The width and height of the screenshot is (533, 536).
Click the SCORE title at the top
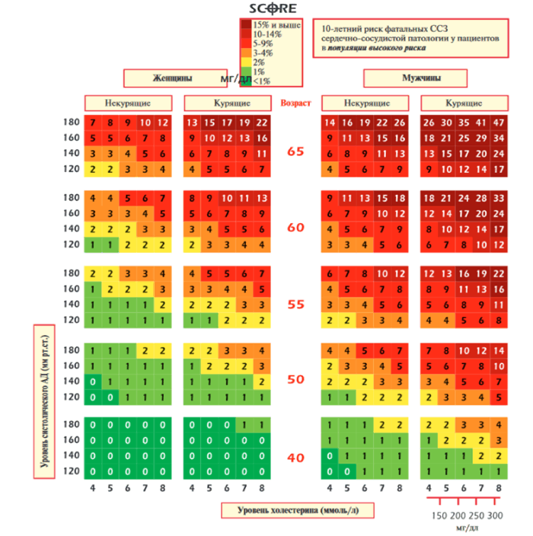click(x=273, y=9)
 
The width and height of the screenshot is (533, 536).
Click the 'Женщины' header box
click(x=172, y=78)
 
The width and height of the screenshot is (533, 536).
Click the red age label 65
click(x=295, y=152)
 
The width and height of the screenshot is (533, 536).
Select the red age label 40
click(x=295, y=458)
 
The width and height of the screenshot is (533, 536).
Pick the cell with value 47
click(x=499, y=123)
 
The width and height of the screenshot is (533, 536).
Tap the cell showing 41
click(x=481, y=123)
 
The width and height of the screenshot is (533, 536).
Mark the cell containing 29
click(x=481, y=138)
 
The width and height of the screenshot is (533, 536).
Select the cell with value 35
click(x=464, y=123)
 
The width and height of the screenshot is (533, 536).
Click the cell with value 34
click(x=499, y=138)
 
